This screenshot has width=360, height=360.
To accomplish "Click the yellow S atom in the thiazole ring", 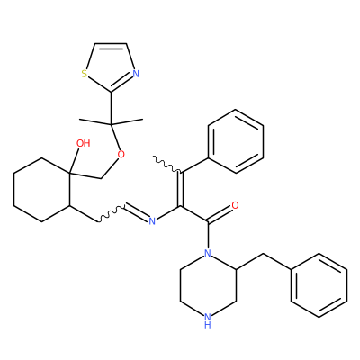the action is [85, 74].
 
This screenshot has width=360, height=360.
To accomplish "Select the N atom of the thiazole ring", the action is [136, 74].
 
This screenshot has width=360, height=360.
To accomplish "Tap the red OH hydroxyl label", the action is [83, 143].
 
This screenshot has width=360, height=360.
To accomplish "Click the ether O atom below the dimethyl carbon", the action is [121, 155].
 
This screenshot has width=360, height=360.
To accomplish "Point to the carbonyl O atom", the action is [236, 205].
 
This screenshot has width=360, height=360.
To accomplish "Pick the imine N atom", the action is [152, 221].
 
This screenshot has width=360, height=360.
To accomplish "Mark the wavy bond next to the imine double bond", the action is [112, 214].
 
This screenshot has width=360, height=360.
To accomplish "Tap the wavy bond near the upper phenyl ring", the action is [166, 164].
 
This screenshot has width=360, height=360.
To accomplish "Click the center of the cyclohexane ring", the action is [41, 190].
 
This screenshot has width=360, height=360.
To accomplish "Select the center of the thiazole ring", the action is [111, 65].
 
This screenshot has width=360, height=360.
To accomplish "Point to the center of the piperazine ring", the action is [208, 285].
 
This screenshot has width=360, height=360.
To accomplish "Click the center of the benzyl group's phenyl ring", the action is [319, 285].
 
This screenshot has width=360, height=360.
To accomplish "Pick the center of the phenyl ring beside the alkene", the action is [236, 141].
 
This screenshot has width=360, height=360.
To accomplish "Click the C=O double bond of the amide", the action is [220, 214].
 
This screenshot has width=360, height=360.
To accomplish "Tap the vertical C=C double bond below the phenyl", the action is [180, 189].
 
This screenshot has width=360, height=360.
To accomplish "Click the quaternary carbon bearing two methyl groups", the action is [111, 123].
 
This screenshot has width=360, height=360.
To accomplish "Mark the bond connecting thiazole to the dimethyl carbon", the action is [111, 107].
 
